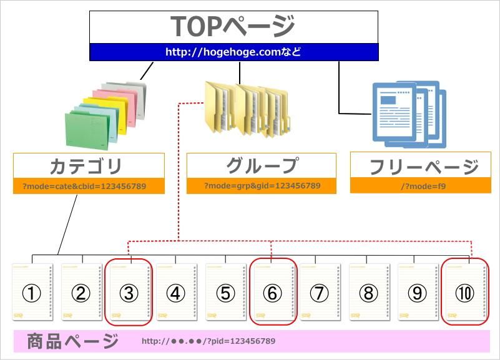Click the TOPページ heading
point(233,26)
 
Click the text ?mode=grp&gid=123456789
point(262,186)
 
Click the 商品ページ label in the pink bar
point(73,341)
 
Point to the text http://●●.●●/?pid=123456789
point(208,342)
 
